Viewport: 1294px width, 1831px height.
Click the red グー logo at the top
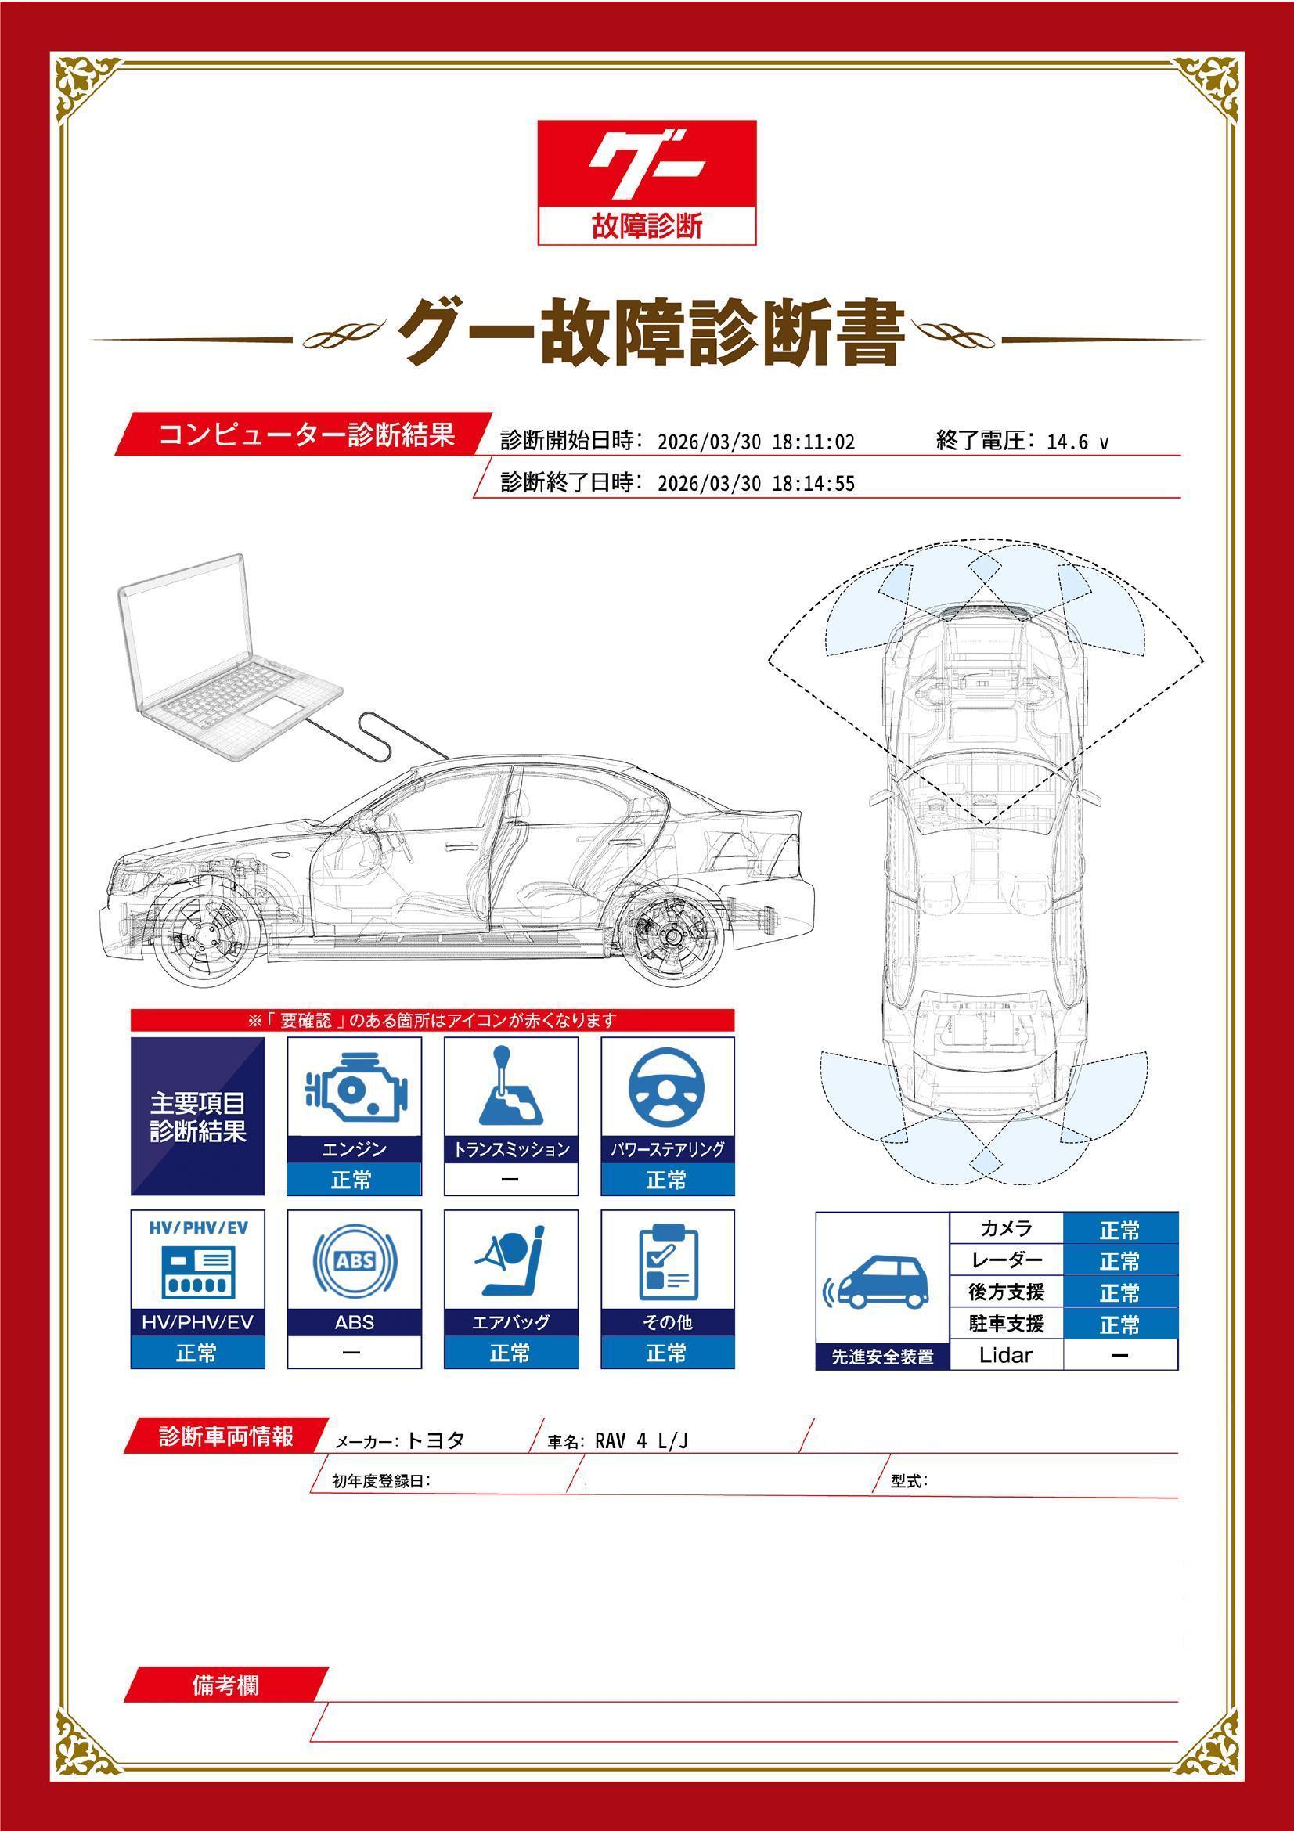647,182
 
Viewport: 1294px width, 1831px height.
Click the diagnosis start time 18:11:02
813,442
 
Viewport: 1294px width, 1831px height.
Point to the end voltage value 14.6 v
1077,442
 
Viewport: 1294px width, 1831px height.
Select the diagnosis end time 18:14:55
813,484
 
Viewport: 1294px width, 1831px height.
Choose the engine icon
355,1087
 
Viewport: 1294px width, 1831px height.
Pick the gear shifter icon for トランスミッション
510,1085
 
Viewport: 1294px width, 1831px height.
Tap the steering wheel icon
667,1087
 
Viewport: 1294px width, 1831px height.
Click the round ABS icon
355,1261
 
